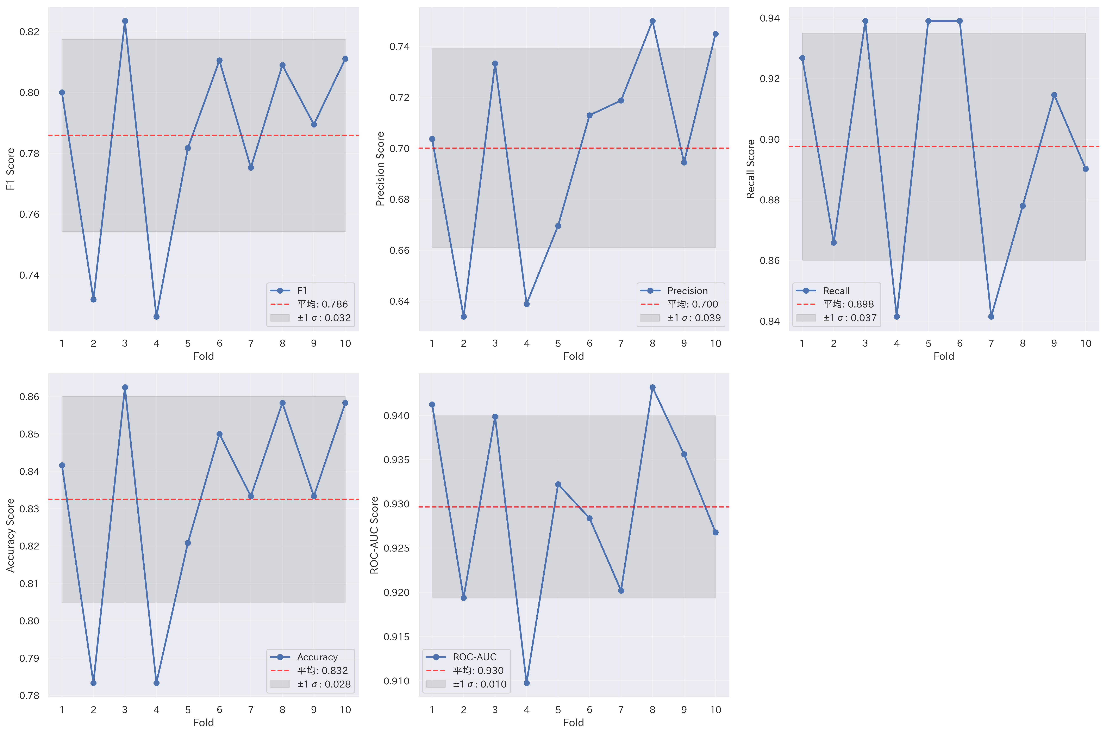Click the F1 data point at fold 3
(x=125, y=21)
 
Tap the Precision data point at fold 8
(x=652, y=21)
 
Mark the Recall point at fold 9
(x=1054, y=95)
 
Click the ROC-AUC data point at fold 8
(x=652, y=388)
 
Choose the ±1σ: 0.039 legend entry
(x=694, y=318)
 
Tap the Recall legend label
(x=836, y=291)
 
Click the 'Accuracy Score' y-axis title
(x=10, y=535)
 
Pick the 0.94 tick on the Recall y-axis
(x=769, y=18)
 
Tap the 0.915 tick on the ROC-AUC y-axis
(x=396, y=637)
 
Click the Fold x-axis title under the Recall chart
(x=944, y=356)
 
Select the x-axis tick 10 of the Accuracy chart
(x=345, y=710)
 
